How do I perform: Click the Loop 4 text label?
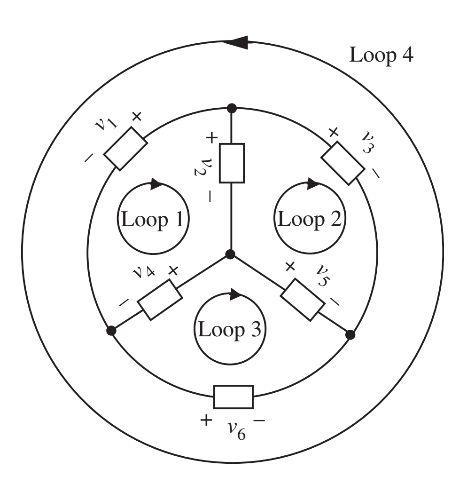pyautogui.click(x=381, y=55)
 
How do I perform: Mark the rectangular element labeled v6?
pyautogui.click(x=234, y=397)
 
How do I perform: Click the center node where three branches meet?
pyautogui.click(x=230, y=254)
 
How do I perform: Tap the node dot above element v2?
pyautogui.click(x=231, y=109)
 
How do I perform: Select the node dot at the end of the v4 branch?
pyautogui.click(x=111, y=331)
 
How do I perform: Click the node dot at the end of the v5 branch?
pyautogui.click(x=350, y=334)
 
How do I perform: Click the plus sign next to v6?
pyautogui.click(x=205, y=420)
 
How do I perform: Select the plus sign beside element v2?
pyautogui.click(x=211, y=138)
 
